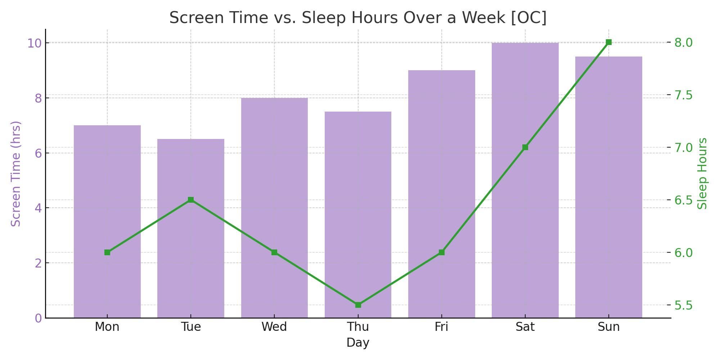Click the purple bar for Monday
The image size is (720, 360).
[107, 221]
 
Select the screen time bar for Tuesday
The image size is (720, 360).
[191, 228]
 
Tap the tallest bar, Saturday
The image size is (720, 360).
[525, 180]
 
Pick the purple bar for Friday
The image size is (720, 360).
[442, 194]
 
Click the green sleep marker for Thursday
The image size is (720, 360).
[358, 305]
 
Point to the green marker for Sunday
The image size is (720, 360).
[609, 42]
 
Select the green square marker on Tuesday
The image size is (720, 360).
[191, 200]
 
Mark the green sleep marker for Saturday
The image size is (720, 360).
[525, 147]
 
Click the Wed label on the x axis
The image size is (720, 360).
[274, 327]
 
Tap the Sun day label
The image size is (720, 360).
[609, 327]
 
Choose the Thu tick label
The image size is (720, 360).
[358, 327]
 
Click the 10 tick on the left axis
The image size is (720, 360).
[35, 43]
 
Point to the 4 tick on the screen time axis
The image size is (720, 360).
[39, 208]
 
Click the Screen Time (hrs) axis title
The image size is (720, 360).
[16, 174]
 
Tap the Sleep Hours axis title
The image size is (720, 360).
[702, 174]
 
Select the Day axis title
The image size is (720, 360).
[358, 343]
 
